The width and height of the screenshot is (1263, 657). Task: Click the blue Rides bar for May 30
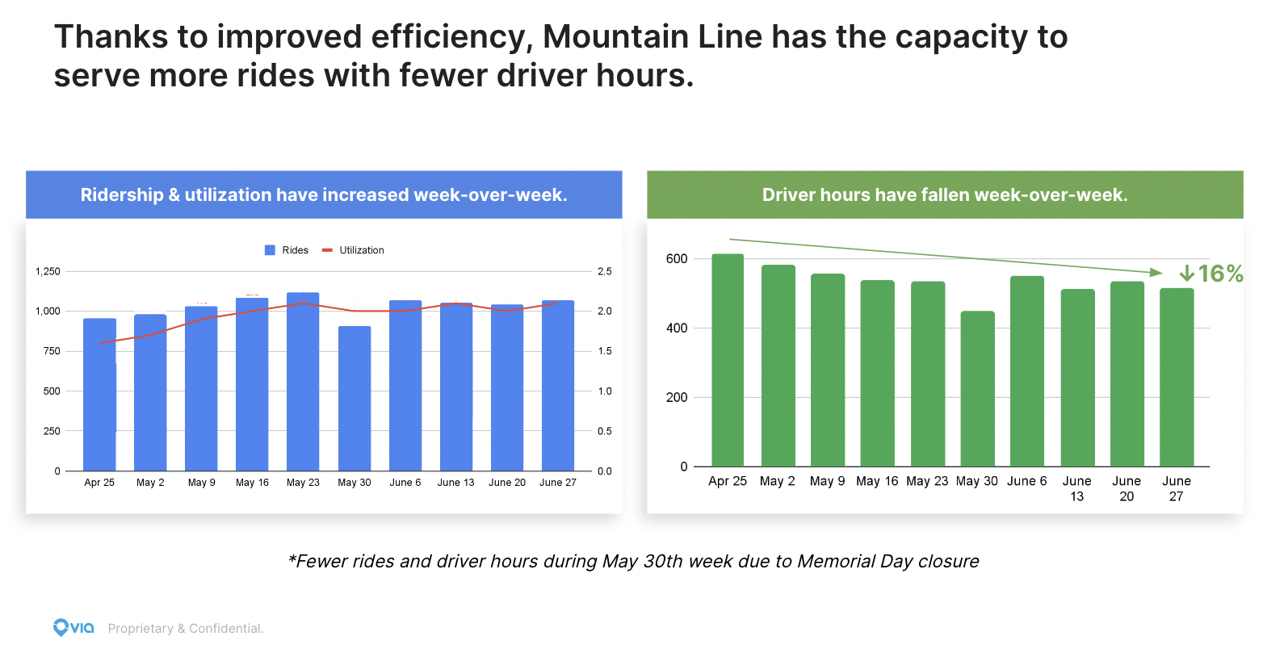click(355, 398)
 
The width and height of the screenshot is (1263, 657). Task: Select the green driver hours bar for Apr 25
click(728, 360)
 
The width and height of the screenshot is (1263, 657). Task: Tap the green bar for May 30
click(977, 388)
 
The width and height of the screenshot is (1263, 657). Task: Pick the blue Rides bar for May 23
click(303, 381)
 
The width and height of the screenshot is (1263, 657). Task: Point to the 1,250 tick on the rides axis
click(48, 271)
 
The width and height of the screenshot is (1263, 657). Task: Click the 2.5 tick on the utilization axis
click(604, 271)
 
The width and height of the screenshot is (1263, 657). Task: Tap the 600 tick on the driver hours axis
click(677, 259)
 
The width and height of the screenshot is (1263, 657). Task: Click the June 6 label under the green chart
click(1026, 481)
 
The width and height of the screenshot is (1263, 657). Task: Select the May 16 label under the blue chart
click(252, 483)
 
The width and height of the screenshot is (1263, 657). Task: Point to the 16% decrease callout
click(1211, 274)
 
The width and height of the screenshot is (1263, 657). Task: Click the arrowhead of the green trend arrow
click(1156, 273)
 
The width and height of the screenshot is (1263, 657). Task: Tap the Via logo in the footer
click(73, 627)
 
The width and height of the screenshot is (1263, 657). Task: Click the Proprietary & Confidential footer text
click(186, 629)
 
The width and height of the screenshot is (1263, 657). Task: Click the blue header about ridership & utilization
click(324, 195)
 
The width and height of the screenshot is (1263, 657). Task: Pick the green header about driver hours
click(945, 195)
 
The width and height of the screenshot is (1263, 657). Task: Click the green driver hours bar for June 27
click(1177, 377)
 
